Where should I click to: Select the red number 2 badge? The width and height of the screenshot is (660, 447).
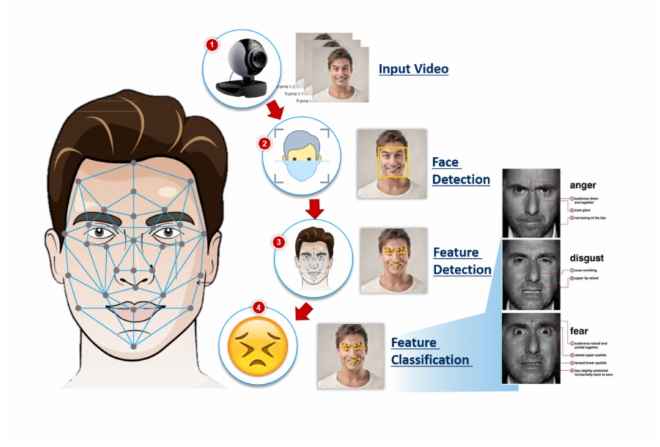pos(264,143)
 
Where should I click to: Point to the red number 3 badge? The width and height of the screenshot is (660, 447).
pos(278,242)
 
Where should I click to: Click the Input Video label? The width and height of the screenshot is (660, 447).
pos(413,69)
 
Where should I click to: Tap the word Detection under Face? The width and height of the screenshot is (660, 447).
pos(461,179)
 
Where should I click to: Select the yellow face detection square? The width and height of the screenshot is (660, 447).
pos(393,162)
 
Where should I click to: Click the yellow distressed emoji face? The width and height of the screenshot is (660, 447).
pos(257,347)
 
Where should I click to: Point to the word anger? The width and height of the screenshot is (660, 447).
pos(582,185)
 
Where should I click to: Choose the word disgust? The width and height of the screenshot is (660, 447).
pos(586,258)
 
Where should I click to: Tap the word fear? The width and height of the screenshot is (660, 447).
pos(578,331)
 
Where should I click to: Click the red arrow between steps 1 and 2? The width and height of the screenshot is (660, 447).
pos(275,110)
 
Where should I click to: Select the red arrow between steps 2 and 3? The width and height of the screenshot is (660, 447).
pos(313,209)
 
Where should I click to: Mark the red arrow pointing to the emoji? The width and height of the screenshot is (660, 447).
pos(304,311)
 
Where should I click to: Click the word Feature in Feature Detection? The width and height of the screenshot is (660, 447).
pos(456,253)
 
